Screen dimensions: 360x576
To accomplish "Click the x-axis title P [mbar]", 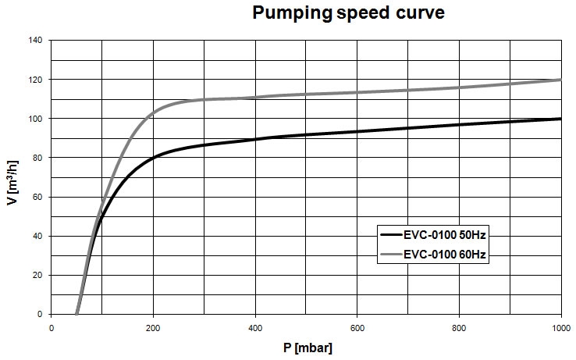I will (307, 347).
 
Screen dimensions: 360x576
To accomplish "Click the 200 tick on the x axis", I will (153, 327).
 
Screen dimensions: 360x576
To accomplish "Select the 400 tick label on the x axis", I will (255, 327).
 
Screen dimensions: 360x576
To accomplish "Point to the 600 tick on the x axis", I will (357, 327).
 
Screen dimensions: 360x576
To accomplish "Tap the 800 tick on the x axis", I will (459, 327).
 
